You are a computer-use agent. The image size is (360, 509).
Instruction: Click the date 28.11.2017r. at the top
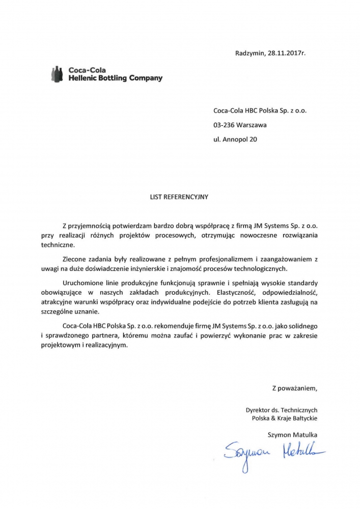pyautogui.click(x=287, y=53)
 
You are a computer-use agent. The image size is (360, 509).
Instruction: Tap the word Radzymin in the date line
pyautogui.click(x=250, y=53)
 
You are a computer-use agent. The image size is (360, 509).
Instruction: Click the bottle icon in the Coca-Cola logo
pyautogui.click(x=57, y=74)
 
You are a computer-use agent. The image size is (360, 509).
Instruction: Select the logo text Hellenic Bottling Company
pyautogui.click(x=115, y=78)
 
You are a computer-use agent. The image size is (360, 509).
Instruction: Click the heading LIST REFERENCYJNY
pyautogui.click(x=179, y=195)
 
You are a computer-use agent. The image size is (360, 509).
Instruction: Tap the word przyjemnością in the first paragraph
pyautogui.click(x=91, y=225)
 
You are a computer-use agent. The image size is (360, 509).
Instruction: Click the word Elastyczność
pyautogui.click(x=230, y=292)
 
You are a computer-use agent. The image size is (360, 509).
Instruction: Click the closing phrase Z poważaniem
pyautogui.click(x=294, y=388)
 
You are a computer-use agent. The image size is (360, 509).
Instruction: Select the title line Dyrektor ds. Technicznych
pyautogui.click(x=282, y=409)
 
